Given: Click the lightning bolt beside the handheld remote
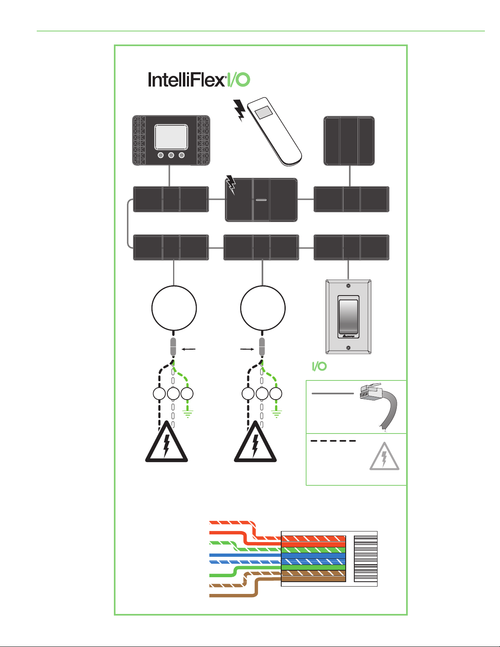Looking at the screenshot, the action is (240, 110).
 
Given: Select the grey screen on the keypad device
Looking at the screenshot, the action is (171, 137).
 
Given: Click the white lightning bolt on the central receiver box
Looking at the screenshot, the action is (231, 185).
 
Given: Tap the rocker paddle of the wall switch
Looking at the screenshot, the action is (348, 317).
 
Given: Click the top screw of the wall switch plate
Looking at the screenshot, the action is (348, 286).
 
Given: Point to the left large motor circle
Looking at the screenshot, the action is (174, 307).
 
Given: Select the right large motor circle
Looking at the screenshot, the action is (263, 307).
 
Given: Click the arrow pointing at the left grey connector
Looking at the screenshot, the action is (189, 349).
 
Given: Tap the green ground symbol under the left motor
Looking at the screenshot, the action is (188, 414).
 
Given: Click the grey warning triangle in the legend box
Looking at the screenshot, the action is (384, 456).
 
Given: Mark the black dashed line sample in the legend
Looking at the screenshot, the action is (333, 441).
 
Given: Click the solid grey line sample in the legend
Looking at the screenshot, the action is (332, 394).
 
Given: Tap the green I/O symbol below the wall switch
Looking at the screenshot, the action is (319, 366).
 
